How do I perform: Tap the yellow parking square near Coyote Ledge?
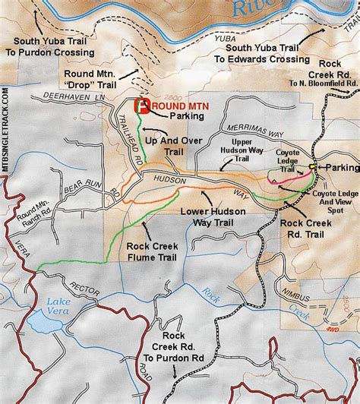point(312,166)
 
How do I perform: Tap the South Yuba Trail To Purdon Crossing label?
point(50,47)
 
